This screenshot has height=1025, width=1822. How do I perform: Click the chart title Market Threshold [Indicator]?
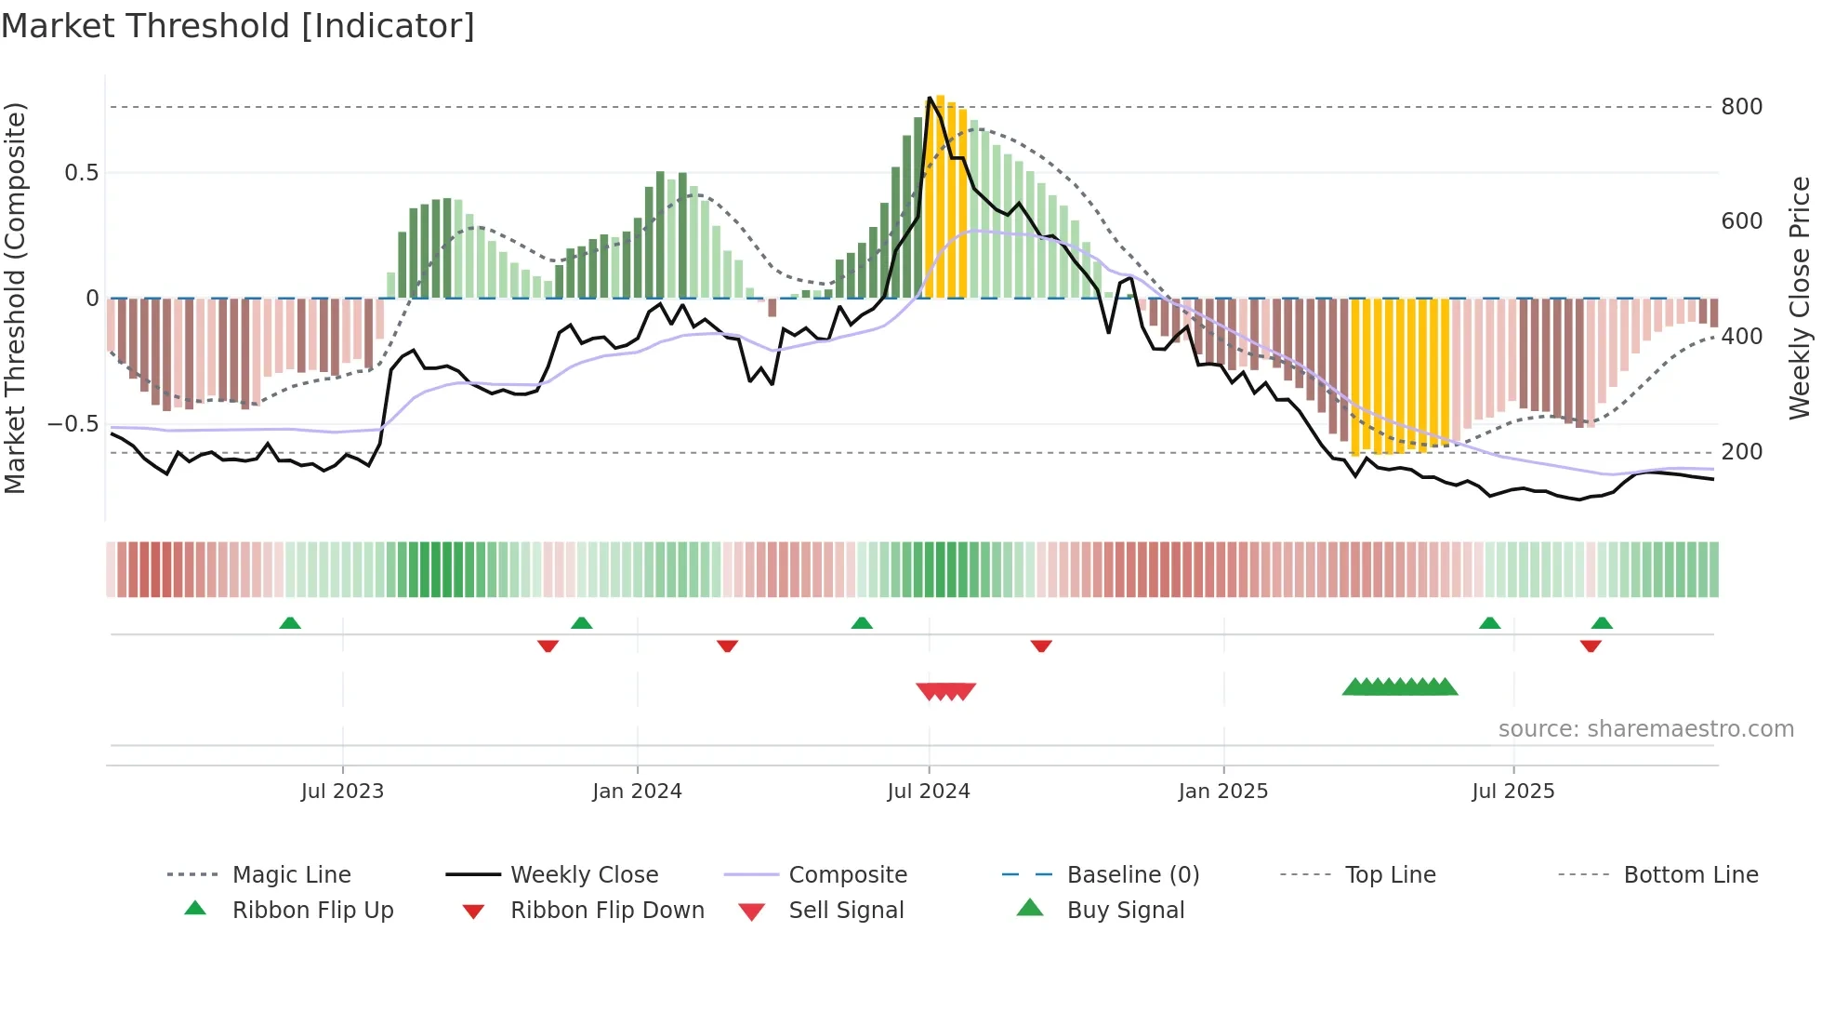tap(238, 26)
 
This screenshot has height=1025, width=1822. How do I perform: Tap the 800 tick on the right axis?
tap(1741, 107)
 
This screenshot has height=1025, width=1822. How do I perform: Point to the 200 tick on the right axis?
tap(1741, 452)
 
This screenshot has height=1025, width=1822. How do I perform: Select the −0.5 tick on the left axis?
tap(73, 424)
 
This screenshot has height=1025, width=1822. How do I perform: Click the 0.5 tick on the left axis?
tap(81, 173)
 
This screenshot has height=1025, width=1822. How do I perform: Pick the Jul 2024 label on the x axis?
tap(928, 792)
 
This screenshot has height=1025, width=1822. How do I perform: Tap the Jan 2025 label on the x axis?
tap(1222, 792)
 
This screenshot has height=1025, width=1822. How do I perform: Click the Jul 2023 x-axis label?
tap(342, 792)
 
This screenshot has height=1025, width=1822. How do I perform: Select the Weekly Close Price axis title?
tap(1800, 298)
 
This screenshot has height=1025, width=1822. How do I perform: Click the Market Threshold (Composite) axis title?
tap(15, 298)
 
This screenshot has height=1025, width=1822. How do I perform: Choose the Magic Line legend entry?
tap(291, 875)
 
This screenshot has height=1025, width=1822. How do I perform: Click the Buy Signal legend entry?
tap(1125, 911)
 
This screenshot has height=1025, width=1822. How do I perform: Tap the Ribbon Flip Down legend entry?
tap(607, 911)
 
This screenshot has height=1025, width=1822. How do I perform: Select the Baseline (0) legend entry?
tap(1132, 875)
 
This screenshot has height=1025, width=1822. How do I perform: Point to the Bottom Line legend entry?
tap(1690, 875)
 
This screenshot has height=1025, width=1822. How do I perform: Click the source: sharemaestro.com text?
tap(1645, 729)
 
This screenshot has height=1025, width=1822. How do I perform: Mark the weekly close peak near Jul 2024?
tap(930, 98)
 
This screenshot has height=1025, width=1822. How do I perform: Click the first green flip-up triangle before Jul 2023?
tap(290, 623)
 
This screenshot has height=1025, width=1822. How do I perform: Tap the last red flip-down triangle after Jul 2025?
tap(1591, 646)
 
